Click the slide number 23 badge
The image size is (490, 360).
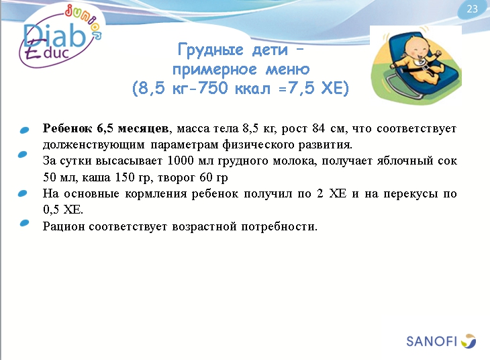(x=472, y=9)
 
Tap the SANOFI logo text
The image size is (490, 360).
(x=431, y=341)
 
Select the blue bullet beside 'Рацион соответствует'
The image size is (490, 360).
(x=25, y=224)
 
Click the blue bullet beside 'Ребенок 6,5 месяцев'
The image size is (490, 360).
(x=25, y=129)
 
